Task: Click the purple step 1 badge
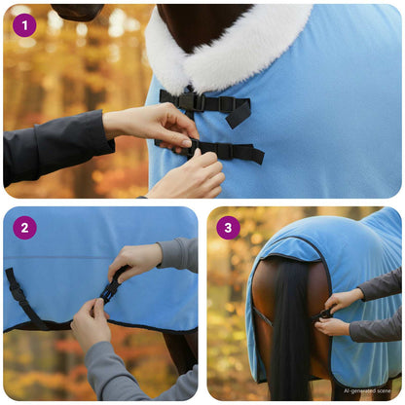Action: coord(24,24)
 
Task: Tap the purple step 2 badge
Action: coord(24,228)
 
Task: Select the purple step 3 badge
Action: coord(229,228)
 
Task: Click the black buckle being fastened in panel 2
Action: coord(110,288)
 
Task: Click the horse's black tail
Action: coord(290,331)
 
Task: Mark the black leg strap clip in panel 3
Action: coord(324,313)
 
